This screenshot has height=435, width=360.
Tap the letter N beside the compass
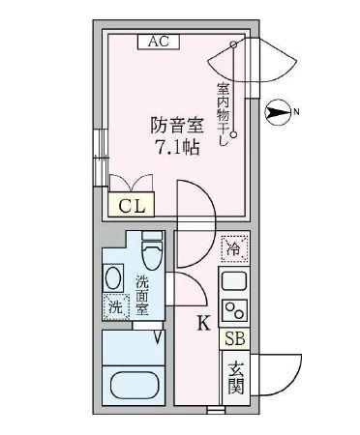point(296,114)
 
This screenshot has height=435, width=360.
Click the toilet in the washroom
point(153,256)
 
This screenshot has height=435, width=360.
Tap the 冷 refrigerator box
point(232,248)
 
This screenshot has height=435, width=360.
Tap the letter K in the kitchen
point(203,323)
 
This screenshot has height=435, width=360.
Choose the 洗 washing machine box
point(115,307)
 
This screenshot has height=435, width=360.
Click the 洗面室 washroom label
point(142,297)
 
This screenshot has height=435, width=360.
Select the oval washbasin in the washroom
point(113,278)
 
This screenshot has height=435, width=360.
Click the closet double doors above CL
point(131,183)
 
